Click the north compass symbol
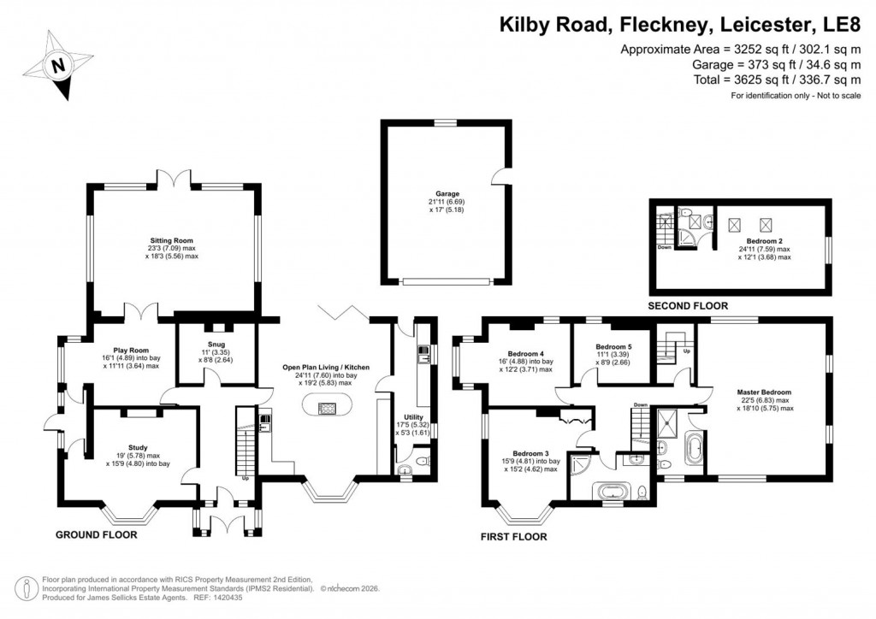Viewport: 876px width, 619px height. tap(57, 64)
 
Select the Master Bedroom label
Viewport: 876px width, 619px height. tap(765, 392)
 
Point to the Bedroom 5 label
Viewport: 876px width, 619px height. tap(613, 346)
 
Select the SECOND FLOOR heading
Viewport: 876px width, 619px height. tap(688, 305)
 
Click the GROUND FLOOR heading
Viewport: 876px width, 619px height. tap(97, 535)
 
